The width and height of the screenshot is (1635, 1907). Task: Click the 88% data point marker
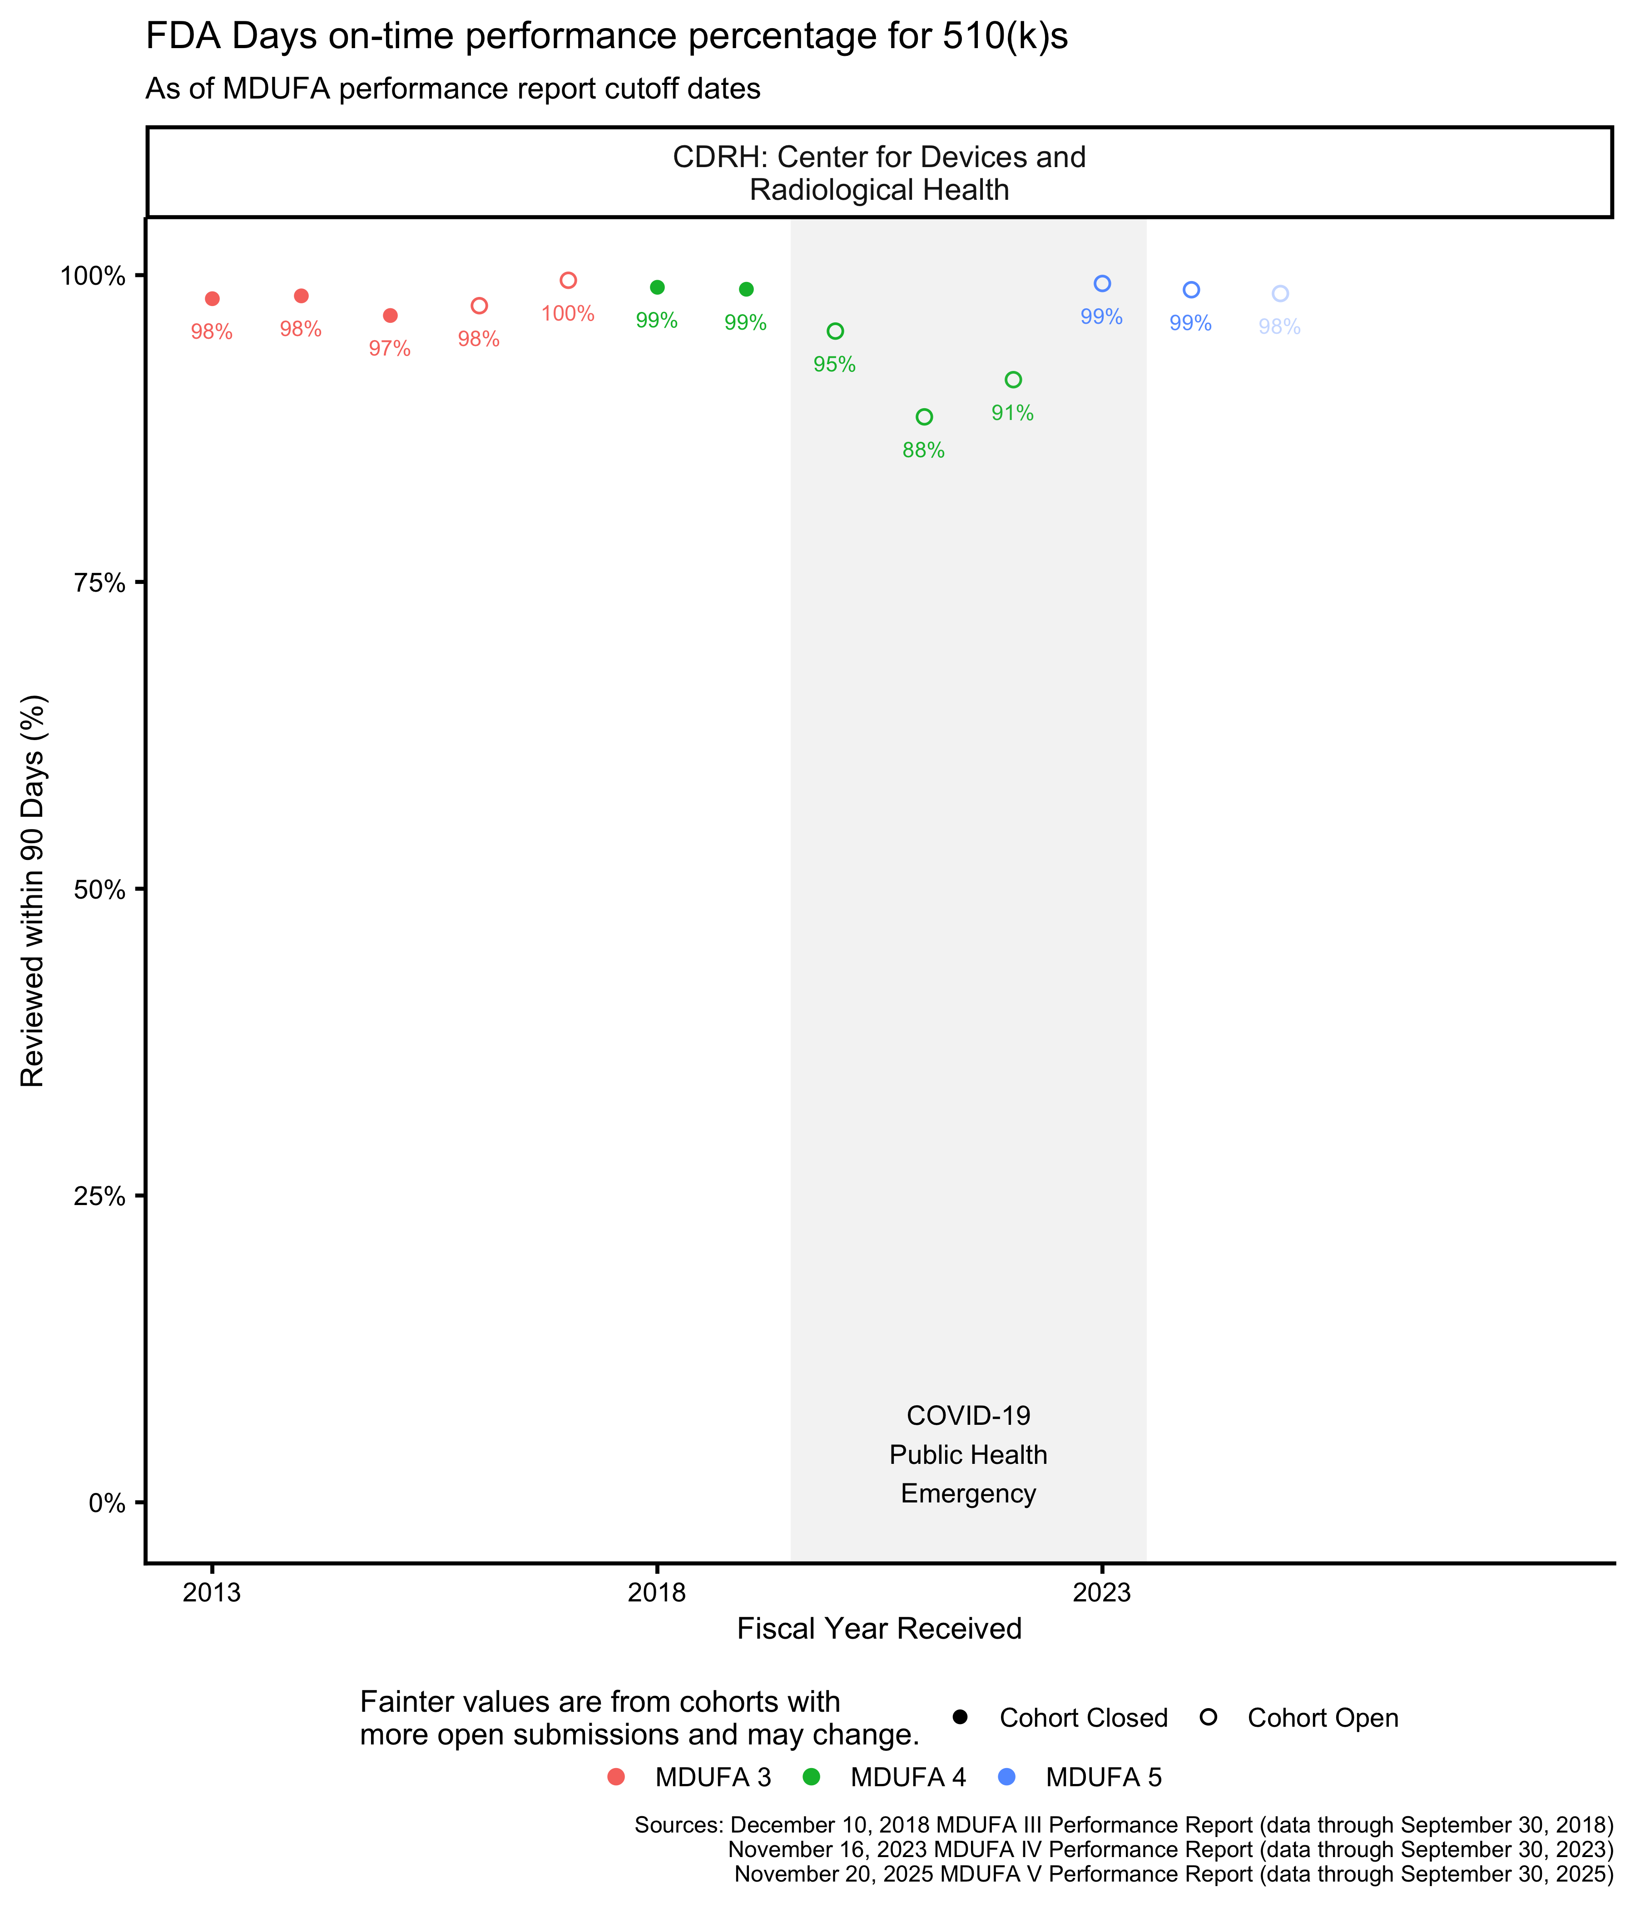(x=924, y=417)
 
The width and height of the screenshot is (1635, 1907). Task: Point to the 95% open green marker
(x=835, y=331)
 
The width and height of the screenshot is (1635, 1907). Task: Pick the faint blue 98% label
(x=1280, y=327)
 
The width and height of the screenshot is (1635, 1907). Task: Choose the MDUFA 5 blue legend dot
(x=1007, y=1777)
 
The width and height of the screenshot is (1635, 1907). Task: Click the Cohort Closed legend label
(x=1084, y=1718)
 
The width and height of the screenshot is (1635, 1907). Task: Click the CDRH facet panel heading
(x=879, y=173)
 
